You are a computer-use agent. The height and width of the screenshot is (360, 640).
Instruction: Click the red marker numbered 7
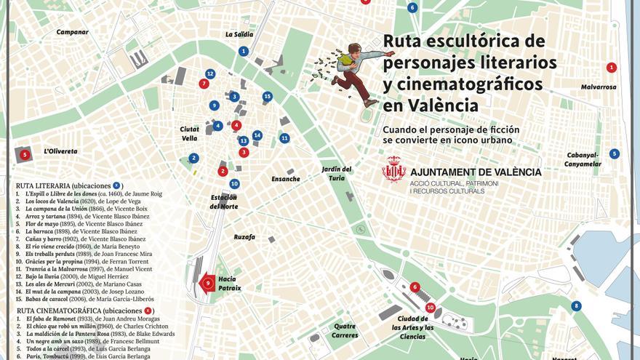coord(204,84)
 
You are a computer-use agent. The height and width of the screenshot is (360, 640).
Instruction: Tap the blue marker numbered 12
coord(210,73)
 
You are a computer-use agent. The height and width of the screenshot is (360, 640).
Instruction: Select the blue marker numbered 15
coord(268,96)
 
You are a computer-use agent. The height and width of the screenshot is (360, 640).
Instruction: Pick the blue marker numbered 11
coord(284,137)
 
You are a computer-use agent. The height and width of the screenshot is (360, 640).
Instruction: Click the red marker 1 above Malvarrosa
coord(612,68)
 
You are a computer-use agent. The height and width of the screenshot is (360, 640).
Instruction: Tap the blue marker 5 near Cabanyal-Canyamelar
coord(615,153)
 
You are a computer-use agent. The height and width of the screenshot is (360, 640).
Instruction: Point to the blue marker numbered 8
coord(576,306)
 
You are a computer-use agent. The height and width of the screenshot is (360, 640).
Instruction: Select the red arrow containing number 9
coord(207,283)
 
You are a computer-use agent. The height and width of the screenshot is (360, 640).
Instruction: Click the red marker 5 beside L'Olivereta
coord(25,154)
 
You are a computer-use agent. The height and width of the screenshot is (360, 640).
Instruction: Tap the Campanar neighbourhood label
coord(73,32)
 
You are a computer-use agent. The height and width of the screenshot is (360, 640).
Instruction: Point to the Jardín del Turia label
coord(337,173)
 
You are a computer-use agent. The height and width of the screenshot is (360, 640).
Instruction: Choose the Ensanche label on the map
coord(285,179)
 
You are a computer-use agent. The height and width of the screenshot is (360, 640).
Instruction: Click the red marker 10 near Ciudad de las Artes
coord(431,308)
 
